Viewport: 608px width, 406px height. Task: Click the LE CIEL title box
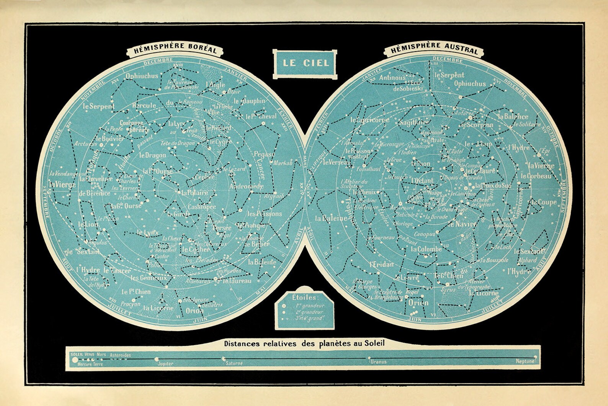306,62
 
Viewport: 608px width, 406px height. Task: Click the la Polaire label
195,193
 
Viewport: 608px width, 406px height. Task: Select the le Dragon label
152,155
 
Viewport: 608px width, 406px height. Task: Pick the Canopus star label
424,233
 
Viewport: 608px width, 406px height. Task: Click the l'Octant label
422,180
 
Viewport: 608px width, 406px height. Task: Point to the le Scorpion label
476,125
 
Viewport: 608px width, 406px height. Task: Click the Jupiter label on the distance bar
165,363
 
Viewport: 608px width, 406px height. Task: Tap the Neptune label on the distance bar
525,362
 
